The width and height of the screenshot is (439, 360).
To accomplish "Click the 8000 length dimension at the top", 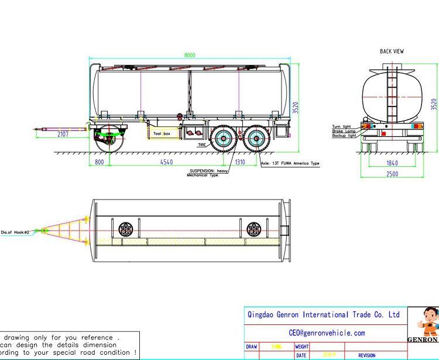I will point(190,55).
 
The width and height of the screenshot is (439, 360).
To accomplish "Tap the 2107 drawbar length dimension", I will point(63,134).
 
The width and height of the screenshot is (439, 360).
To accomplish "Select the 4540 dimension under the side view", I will point(167,162).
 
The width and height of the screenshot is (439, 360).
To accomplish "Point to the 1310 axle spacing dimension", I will point(240,162).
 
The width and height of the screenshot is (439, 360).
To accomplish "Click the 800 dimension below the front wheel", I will point(99,162).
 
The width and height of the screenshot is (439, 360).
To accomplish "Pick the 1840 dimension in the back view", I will point(392,163).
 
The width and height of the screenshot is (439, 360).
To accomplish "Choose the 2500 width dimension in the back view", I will point(392,174).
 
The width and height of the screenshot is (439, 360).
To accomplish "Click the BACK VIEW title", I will point(392,52).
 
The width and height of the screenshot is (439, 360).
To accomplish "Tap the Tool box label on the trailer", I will point(162,134).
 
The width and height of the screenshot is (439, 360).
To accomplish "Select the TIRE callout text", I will point(202,144).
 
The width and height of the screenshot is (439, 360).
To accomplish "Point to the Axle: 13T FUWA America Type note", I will point(290,163).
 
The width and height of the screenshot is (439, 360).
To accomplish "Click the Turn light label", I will point(341,126).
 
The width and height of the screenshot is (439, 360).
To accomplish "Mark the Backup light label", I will point(344,136).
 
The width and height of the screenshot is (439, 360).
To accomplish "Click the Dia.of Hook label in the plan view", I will point(15,232).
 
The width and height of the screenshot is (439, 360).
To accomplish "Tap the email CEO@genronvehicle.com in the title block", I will point(327,332).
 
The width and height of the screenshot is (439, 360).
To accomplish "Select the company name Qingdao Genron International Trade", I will point(324,315).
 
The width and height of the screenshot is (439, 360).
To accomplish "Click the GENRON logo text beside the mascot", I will point(423,340).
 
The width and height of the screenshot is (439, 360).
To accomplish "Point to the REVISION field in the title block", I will point(367,355).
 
